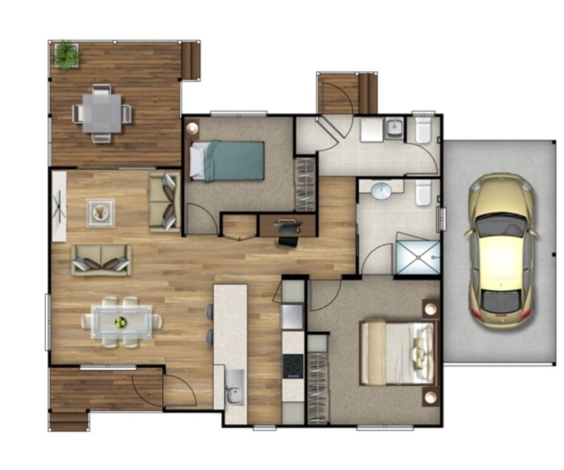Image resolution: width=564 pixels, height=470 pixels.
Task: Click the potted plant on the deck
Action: pyautogui.click(x=66, y=54)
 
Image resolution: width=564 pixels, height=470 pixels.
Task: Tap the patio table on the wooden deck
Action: pyautogui.click(x=102, y=113)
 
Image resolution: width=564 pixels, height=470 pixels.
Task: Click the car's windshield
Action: pyautogui.click(x=501, y=226)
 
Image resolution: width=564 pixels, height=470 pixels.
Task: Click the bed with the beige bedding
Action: pyautogui.click(x=398, y=353)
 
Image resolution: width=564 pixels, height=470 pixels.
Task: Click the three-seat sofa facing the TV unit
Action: pyautogui.click(x=101, y=259)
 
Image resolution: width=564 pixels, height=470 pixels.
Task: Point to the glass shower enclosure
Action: pyautogui.click(x=418, y=257)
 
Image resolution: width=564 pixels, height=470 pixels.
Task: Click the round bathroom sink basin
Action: pyautogui.click(x=381, y=190)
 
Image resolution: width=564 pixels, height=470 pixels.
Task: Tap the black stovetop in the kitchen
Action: pyautogui.click(x=293, y=366)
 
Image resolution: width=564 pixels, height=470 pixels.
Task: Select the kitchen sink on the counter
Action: pyautogui.click(x=235, y=394)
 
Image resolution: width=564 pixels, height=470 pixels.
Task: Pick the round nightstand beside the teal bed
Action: pyautogui.click(x=193, y=128)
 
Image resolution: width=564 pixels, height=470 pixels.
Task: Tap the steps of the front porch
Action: pyautogui.click(x=68, y=421)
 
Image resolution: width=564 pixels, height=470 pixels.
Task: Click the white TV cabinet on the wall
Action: pyautogui.click(x=59, y=206)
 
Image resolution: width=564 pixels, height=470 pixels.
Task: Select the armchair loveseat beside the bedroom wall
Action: pyautogui.click(x=165, y=202)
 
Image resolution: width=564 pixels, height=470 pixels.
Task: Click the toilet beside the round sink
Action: pyautogui.click(x=423, y=192)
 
